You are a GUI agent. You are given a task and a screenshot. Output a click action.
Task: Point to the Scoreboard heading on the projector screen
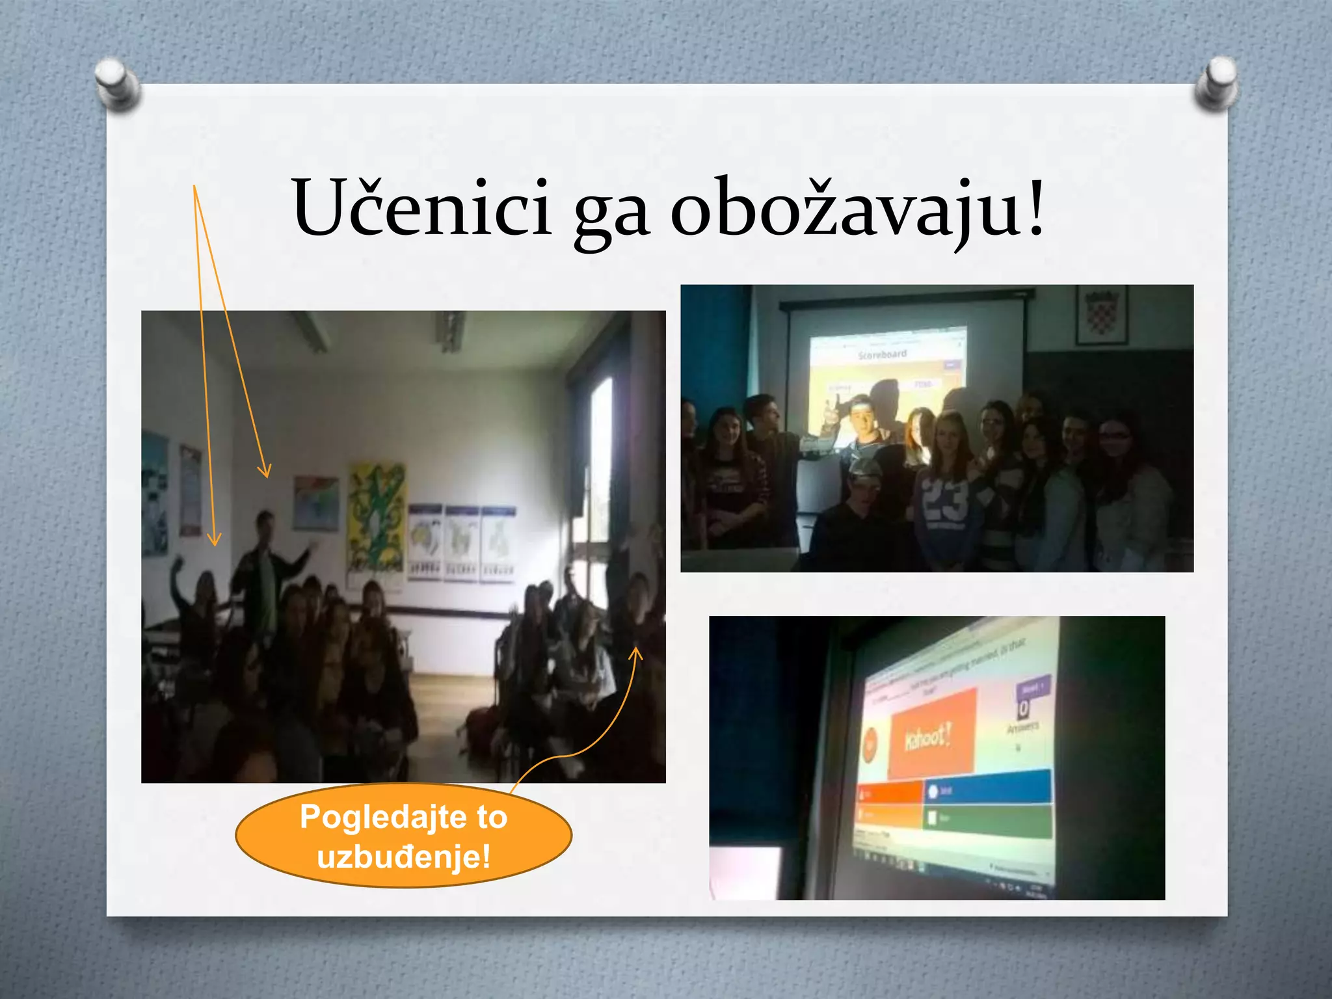(x=882, y=355)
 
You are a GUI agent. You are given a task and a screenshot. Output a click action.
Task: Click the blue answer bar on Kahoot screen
(x=989, y=788)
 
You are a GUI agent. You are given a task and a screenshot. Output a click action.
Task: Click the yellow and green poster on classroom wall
(x=376, y=517)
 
